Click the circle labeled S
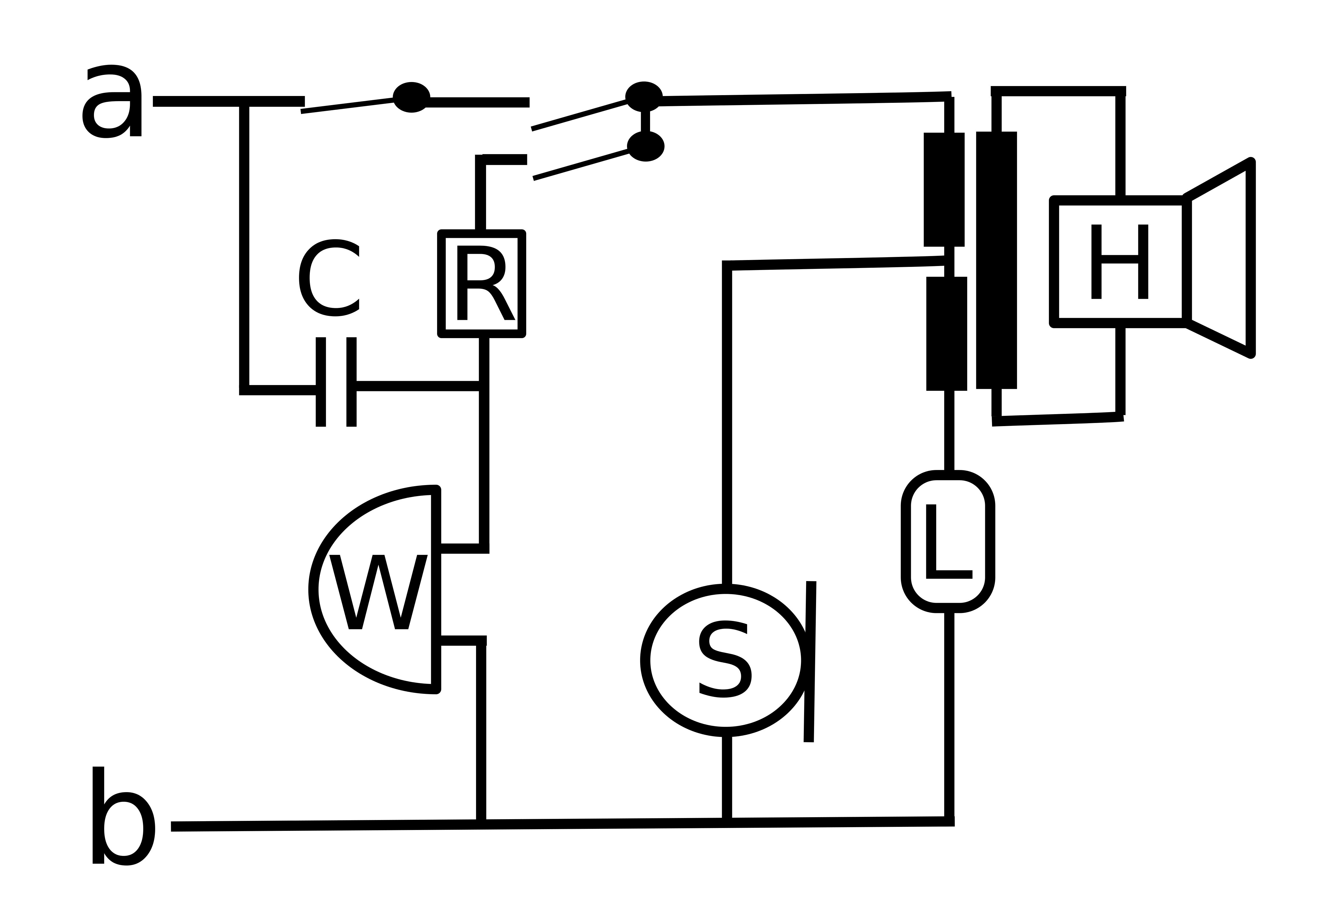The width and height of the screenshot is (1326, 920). point(725,660)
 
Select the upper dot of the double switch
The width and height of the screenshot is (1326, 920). point(644,96)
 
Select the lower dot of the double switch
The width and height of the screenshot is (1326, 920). point(645,146)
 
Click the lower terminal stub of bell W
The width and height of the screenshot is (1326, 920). point(461,640)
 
